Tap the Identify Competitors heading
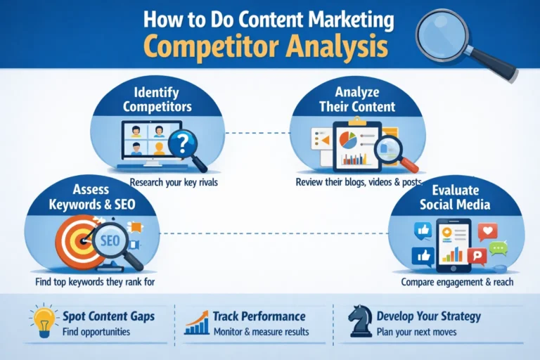point(157,99)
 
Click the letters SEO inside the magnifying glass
point(110,241)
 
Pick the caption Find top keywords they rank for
point(94,283)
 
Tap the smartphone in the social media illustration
point(453,245)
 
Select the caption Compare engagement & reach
point(457,283)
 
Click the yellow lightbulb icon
point(41,320)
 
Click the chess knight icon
point(360,321)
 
